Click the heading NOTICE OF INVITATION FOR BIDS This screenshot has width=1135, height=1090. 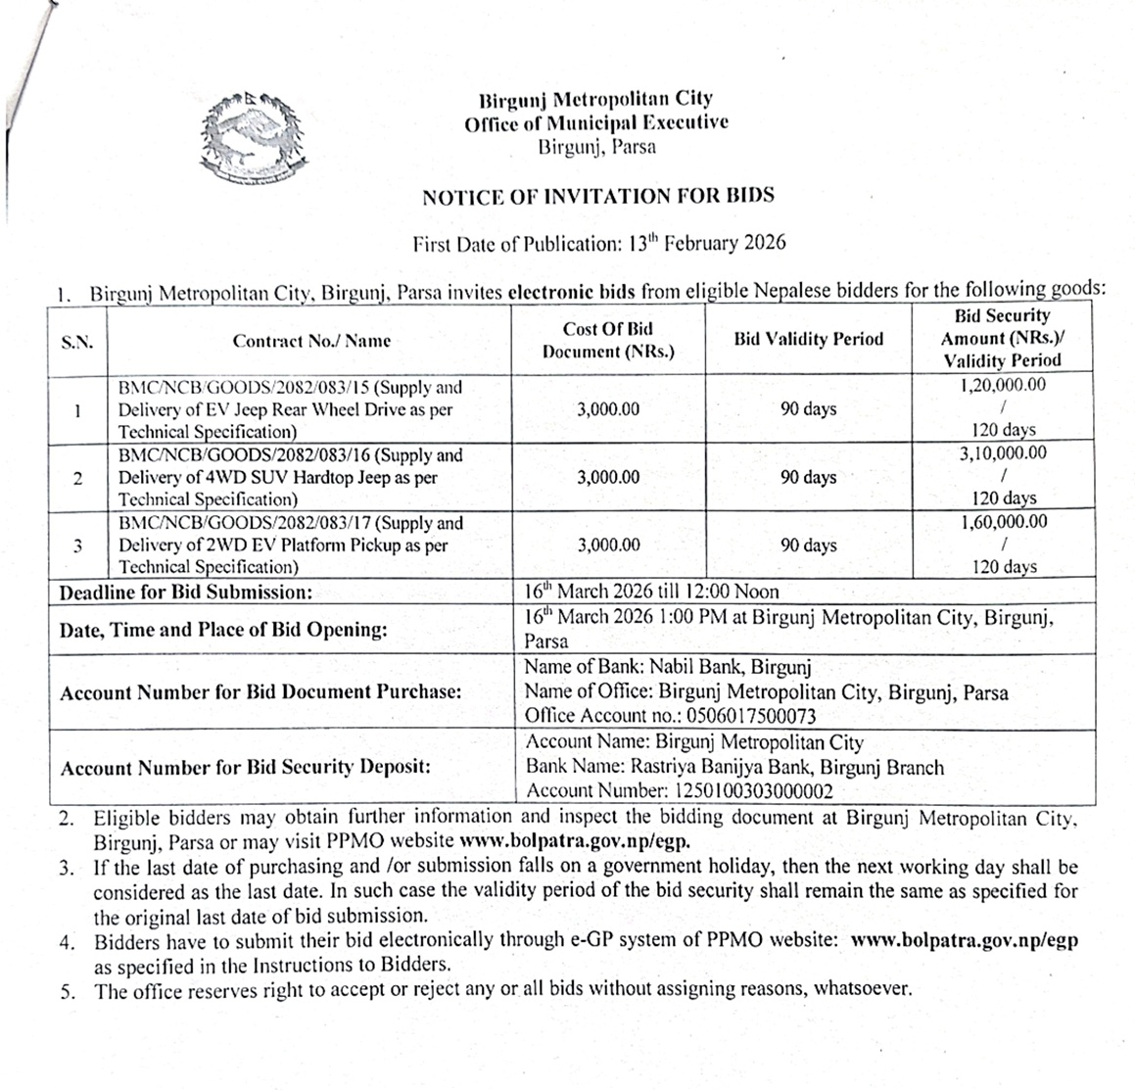597,196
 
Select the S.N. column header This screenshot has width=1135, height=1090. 77,341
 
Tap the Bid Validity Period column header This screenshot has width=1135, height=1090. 808,339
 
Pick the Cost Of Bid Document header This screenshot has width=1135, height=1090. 607,340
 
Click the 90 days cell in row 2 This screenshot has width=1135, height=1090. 808,477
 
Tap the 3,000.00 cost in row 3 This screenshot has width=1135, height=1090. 608,545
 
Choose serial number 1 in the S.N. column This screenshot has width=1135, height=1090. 77,409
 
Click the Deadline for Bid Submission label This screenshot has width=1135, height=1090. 186,592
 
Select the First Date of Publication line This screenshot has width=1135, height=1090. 598,244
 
